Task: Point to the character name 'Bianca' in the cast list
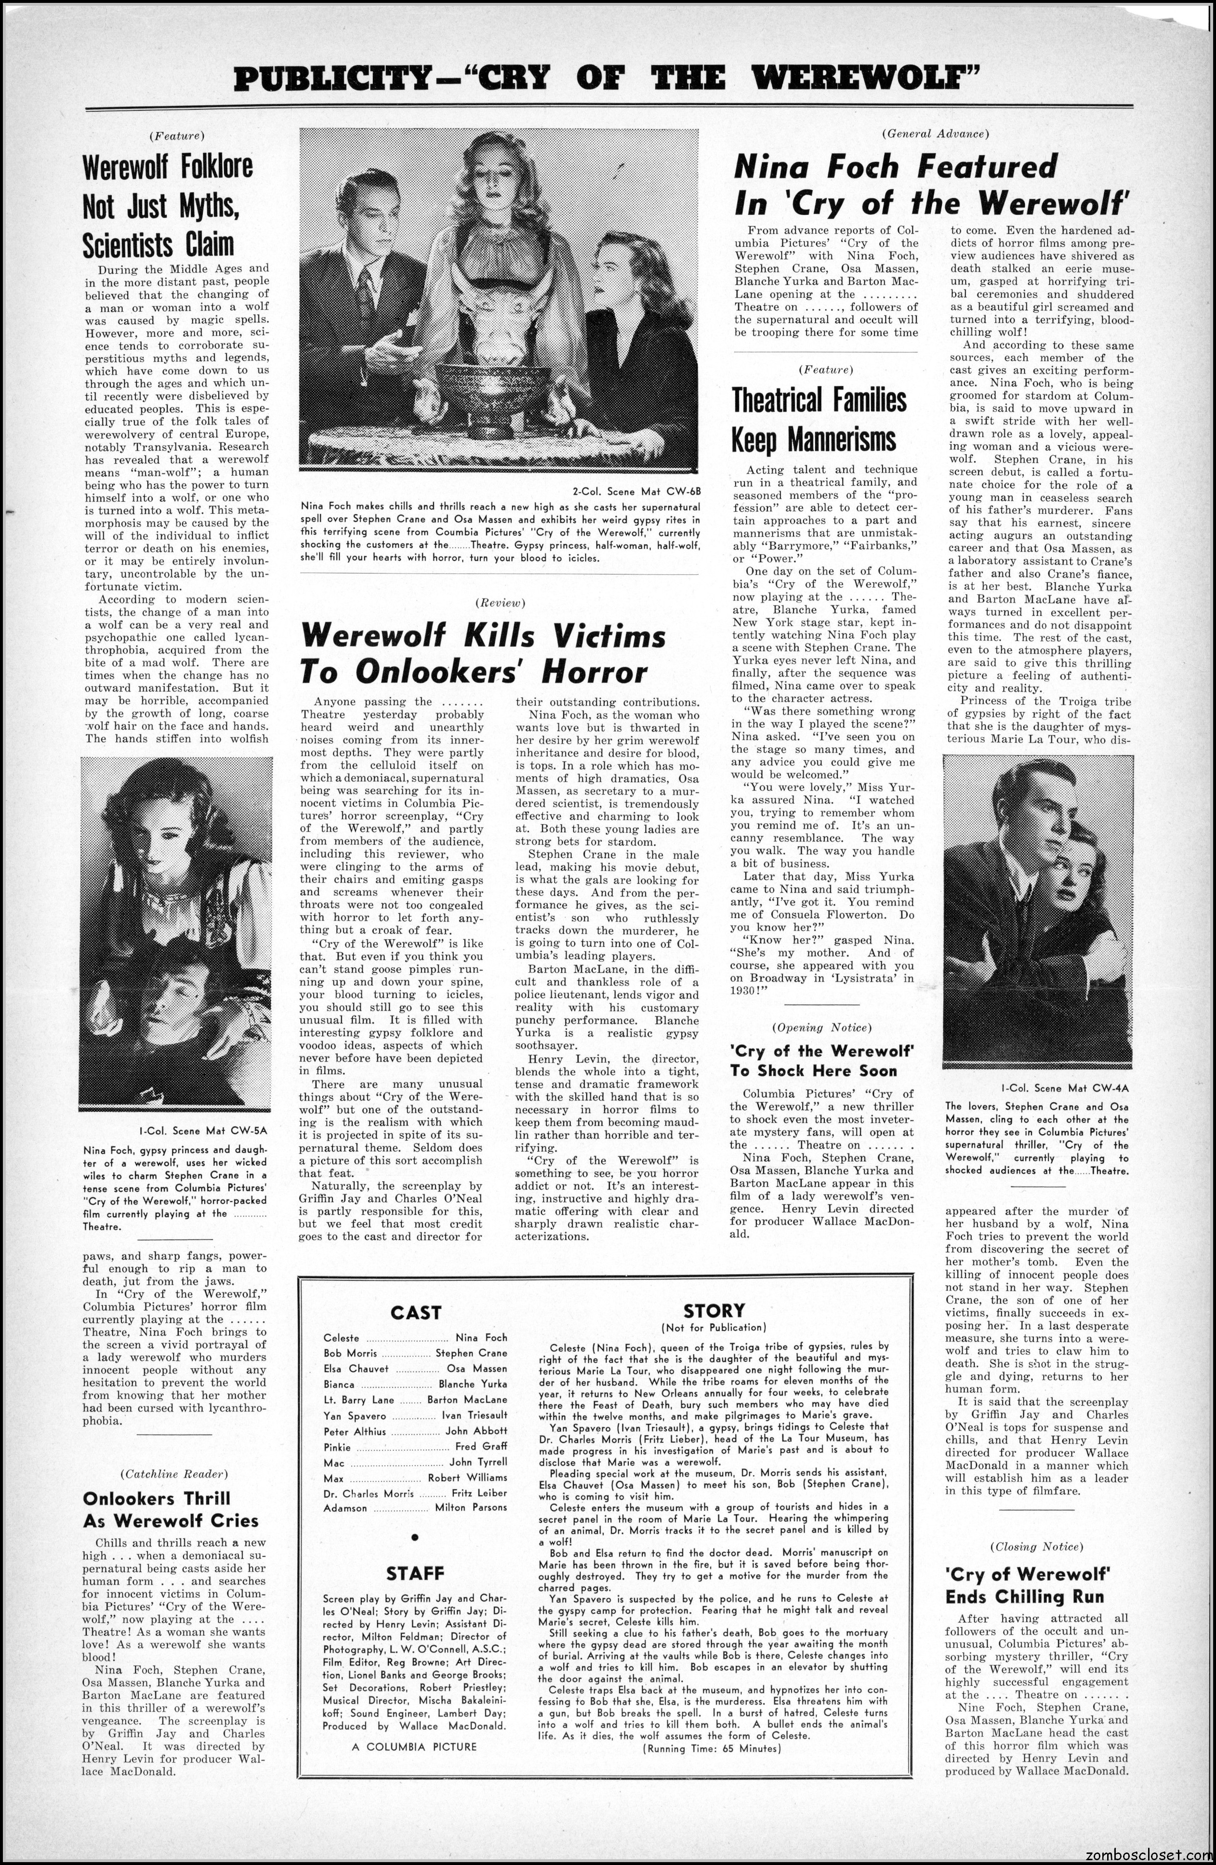coord(339,1384)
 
